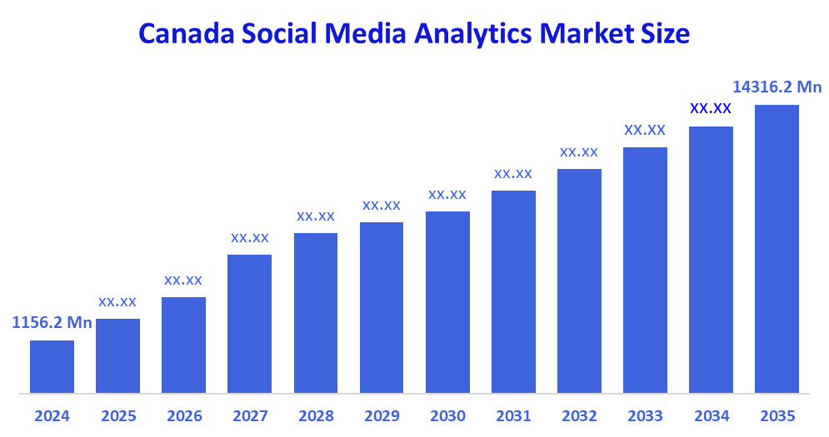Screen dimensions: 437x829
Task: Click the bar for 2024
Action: point(52,366)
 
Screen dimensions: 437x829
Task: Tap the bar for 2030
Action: point(447,301)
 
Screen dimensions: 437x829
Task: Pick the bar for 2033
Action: point(645,270)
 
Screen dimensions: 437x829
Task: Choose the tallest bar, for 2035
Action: point(777,248)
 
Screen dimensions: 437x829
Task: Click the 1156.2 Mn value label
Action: point(52,323)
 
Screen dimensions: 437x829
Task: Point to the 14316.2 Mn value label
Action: point(777,87)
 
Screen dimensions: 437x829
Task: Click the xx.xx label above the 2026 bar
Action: point(183,280)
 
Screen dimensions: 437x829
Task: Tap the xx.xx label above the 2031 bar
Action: point(513,173)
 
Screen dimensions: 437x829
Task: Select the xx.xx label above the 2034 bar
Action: point(711,108)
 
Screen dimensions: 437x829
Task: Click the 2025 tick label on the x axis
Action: point(117,415)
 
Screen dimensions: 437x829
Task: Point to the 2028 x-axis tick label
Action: point(315,415)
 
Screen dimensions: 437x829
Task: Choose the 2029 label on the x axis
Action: point(381,415)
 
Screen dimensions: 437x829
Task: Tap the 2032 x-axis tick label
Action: point(579,415)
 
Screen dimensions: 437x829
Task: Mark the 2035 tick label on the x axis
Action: point(777,415)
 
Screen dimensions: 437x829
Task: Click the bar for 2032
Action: point(579,281)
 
